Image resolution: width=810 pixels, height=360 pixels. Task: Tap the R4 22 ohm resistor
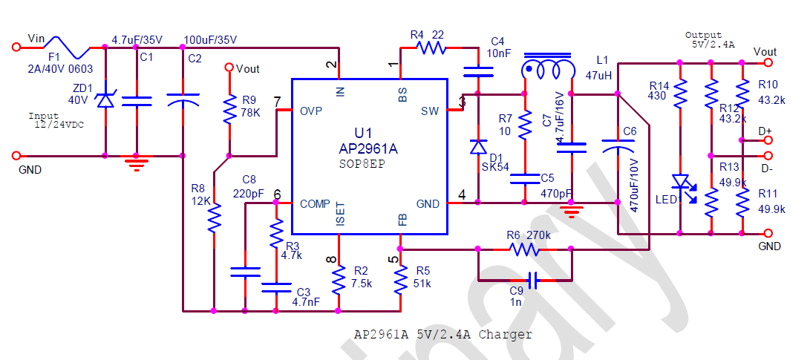[431, 48]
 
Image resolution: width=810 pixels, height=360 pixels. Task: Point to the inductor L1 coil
[549, 71]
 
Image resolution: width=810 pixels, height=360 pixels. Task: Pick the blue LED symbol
[680, 181]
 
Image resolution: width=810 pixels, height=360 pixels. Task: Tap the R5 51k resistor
[400, 281]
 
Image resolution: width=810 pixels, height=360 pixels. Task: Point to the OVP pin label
[310, 111]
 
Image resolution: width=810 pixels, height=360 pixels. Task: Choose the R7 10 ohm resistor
[525, 125]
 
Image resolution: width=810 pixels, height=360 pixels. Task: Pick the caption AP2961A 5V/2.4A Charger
[442, 335]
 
